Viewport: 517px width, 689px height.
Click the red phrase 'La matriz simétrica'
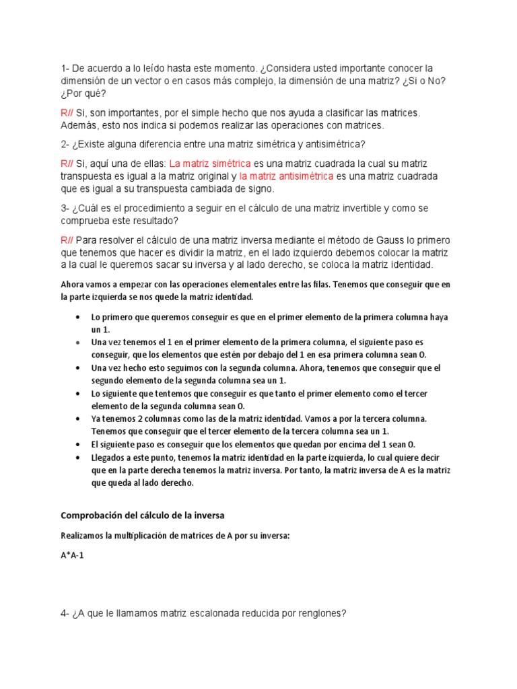210,164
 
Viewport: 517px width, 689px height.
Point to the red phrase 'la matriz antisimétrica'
286,176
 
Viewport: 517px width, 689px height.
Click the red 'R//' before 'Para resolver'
67,240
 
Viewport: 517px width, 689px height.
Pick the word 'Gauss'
368,240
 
